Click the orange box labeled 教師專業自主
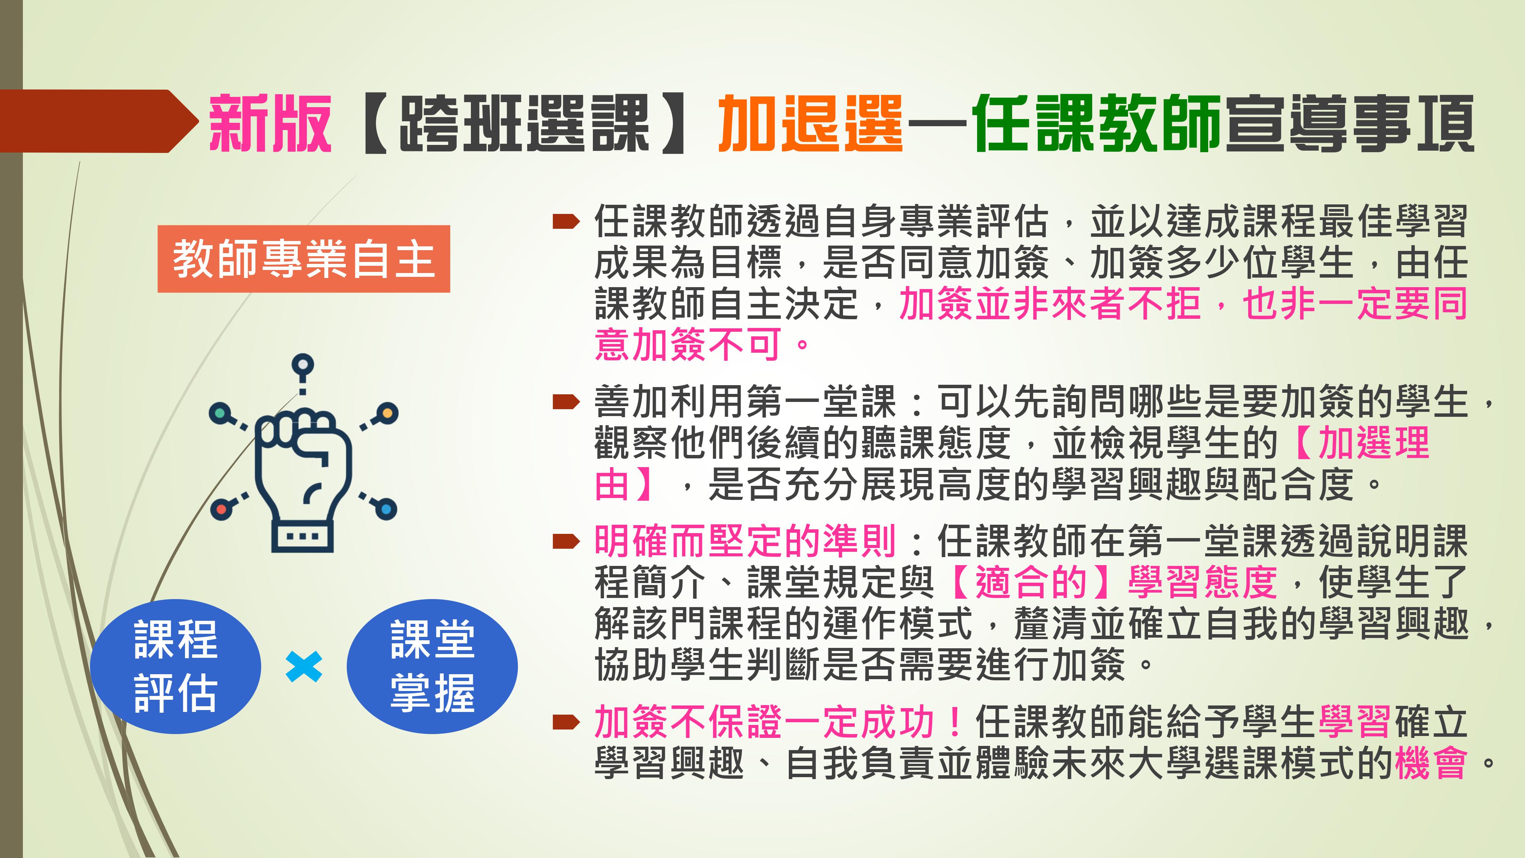(304, 259)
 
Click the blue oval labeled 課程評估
(176, 666)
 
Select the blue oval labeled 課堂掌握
(432, 666)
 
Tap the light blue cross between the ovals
(304, 667)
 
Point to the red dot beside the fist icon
(221, 509)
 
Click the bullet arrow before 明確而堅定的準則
(566, 542)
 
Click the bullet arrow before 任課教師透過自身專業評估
(566, 222)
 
